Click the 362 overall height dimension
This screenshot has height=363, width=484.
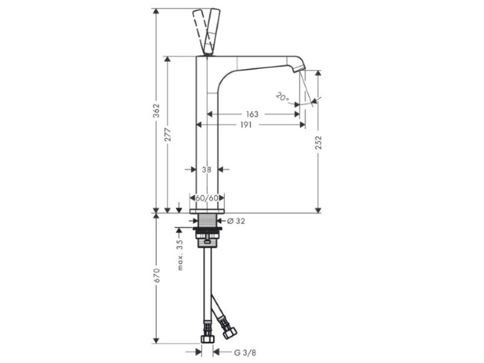(157, 110)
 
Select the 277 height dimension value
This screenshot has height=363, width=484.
(168, 135)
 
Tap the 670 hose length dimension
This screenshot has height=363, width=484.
(157, 275)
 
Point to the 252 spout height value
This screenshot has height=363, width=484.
(318, 142)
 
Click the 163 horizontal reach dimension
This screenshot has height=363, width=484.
(252, 114)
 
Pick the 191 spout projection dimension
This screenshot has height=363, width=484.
(246, 124)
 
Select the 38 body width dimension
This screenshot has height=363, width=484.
(207, 170)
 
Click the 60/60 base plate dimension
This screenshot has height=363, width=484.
(207, 198)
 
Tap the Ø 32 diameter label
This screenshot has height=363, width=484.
(236, 221)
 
